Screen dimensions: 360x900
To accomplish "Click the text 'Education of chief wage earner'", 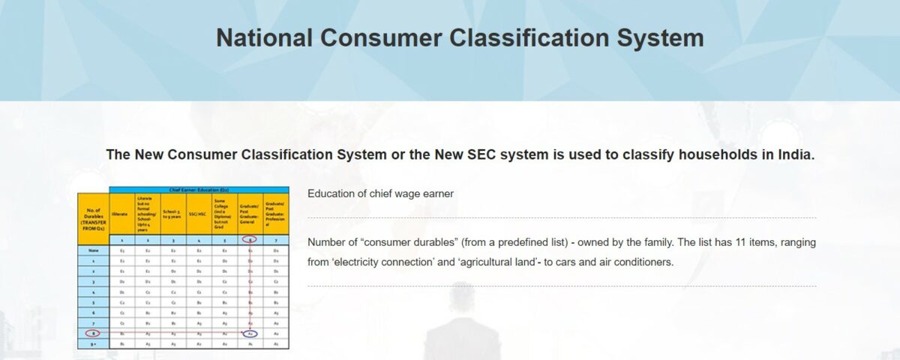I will [380, 193].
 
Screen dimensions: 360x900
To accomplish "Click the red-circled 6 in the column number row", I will [250, 239].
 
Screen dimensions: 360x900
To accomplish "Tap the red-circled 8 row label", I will [93, 333].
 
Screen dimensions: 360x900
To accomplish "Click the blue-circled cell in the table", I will [250, 333].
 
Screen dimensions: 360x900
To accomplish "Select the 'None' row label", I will [93, 250].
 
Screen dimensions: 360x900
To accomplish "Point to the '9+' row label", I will [93, 343].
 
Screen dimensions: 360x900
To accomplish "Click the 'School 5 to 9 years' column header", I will [173, 214].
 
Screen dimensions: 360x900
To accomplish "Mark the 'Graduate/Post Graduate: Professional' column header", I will [276, 214].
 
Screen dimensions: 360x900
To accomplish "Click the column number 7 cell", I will [276, 239].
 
